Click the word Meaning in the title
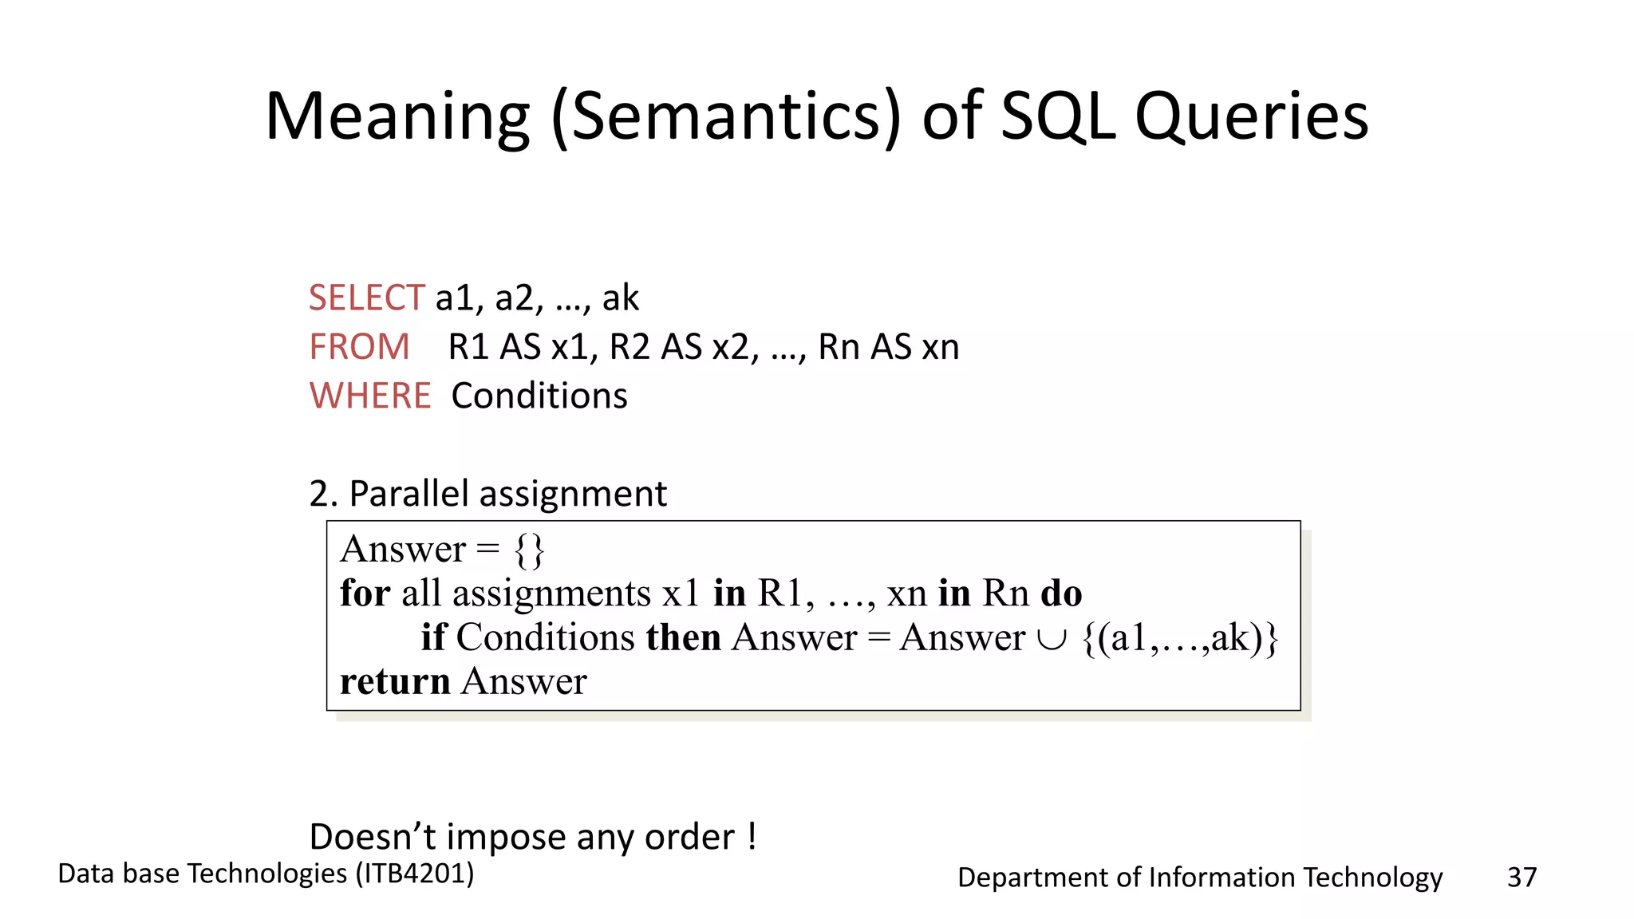(397, 117)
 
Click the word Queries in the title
(1251, 117)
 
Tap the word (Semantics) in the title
(726, 117)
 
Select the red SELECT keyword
(366, 298)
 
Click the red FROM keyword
(359, 347)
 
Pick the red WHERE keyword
(370, 396)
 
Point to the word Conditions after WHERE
(539, 396)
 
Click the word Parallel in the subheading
(408, 494)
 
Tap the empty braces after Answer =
(529, 550)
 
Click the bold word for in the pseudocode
(365, 594)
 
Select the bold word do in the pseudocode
(1061, 594)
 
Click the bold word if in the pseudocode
(433, 637)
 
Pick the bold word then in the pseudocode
(683, 637)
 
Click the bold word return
(395, 682)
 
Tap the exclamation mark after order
(752, 836)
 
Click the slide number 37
(1522, 878)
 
